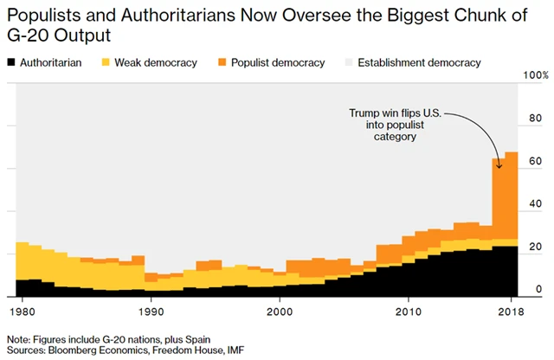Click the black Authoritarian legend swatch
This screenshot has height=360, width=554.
pyautogui.click(x=12, y=62)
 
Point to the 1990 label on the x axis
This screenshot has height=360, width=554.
pyautogui.click(x=151, y=309)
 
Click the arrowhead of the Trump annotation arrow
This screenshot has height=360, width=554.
pyautogui.click(x=499, y=155)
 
